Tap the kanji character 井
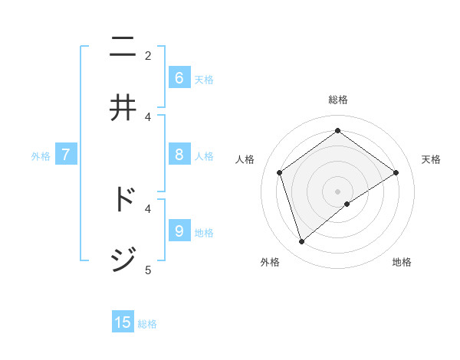click(123, 108)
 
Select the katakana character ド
click(124, 200)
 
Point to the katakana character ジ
click(123, 260)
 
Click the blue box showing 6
click(179, 77)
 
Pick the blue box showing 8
click(179, 155)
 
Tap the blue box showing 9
click(179, 231)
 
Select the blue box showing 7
click(66, 155)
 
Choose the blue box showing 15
click(123, 322)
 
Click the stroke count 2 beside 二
click(148, 55)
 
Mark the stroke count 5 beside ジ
click(148, 270)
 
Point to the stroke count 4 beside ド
click(148, 208)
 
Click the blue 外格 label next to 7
click(41, 156)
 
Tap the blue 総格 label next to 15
click(147, 324)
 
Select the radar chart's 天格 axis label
click(431, 159)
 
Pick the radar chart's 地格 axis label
click(402, 262)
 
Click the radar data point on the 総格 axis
click(337, 130)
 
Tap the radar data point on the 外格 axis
click(302, 242)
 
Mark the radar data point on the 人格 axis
click(280, 172)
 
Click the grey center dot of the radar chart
click(337, 191)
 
